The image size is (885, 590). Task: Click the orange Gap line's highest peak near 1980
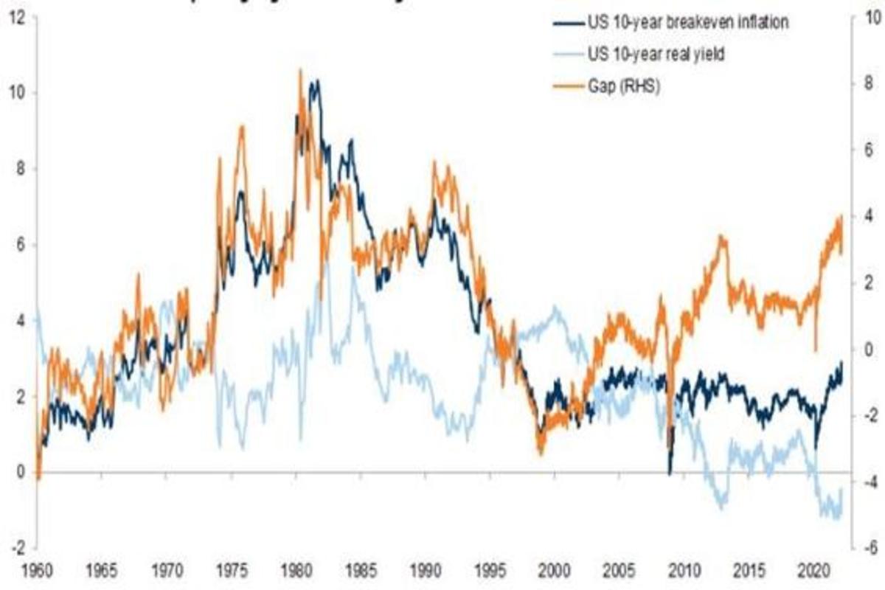[x=299, y=71]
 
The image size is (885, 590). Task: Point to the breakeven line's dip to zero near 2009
[x=669, y=473]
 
